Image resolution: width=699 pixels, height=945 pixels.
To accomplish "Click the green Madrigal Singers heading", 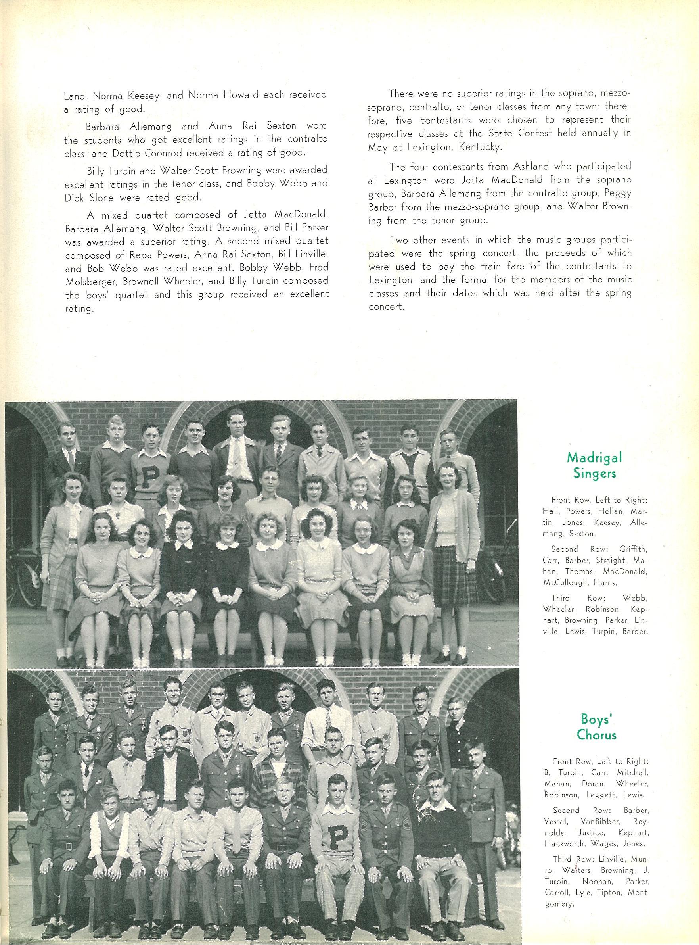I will tap(594, 465).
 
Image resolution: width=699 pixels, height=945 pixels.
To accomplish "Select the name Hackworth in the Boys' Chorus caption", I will tap(572, 820).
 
